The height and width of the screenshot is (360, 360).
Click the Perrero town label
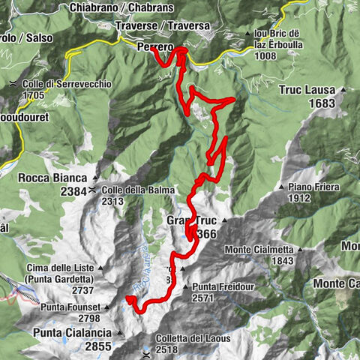[x=155, y=46]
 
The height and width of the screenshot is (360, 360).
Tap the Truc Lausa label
[x=307, y=90]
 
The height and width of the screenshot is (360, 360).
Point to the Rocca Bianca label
[x=50, y=178]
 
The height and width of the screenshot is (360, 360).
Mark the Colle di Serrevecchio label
[x=67, y=85]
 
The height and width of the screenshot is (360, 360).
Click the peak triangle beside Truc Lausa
[x=343, y=90]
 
